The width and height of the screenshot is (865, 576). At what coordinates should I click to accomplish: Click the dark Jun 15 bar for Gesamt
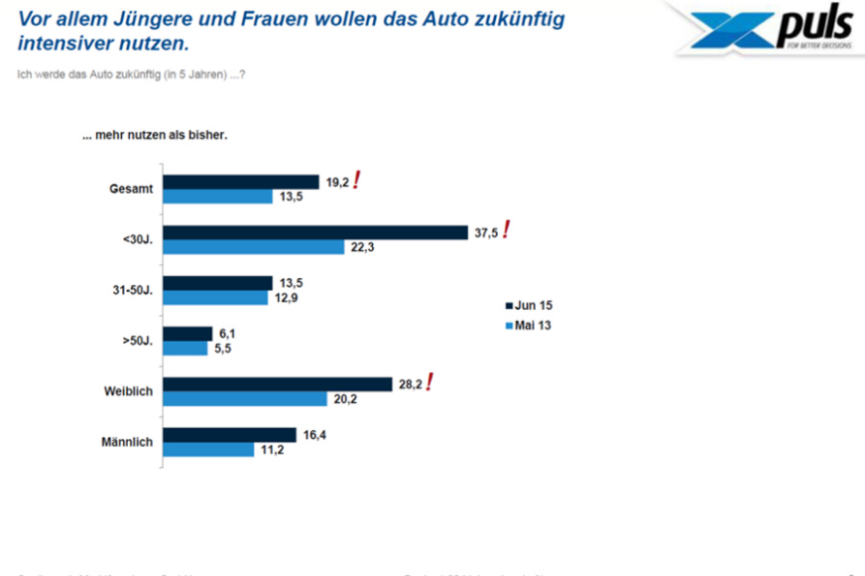coord(241,182)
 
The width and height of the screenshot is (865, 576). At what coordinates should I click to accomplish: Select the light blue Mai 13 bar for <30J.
coord(254,247)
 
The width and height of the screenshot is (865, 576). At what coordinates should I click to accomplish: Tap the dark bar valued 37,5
coord(315,232)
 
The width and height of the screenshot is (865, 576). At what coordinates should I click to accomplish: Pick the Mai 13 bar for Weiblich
coord(245,398)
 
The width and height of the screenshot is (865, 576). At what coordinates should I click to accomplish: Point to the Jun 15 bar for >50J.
coord(187,334)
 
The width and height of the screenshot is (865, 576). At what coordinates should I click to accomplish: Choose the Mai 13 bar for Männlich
coord(208,449)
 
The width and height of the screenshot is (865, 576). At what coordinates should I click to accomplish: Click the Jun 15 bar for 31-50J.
coord(215,283)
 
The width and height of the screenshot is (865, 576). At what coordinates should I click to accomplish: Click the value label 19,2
coord(337,182)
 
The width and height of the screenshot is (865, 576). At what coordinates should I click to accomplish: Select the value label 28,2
coord(411,383)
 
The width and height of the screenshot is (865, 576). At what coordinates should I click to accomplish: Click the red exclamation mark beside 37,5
coord(506,230)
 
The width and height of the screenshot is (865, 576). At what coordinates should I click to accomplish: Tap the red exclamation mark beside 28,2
coord(430,382)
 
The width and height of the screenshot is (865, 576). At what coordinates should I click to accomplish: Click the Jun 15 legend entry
coord(527,306)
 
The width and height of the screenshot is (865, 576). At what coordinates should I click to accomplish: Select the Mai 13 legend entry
coord(527,325)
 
